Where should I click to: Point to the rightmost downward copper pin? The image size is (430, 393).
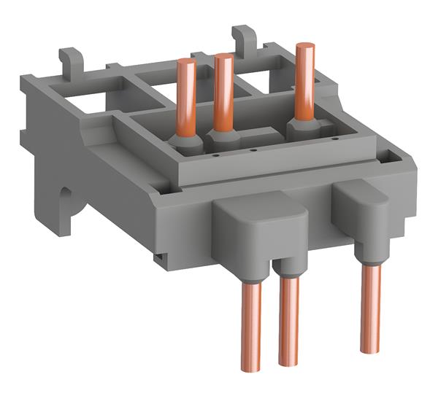pos(369,303)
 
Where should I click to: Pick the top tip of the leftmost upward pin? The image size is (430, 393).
pos(186,63)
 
